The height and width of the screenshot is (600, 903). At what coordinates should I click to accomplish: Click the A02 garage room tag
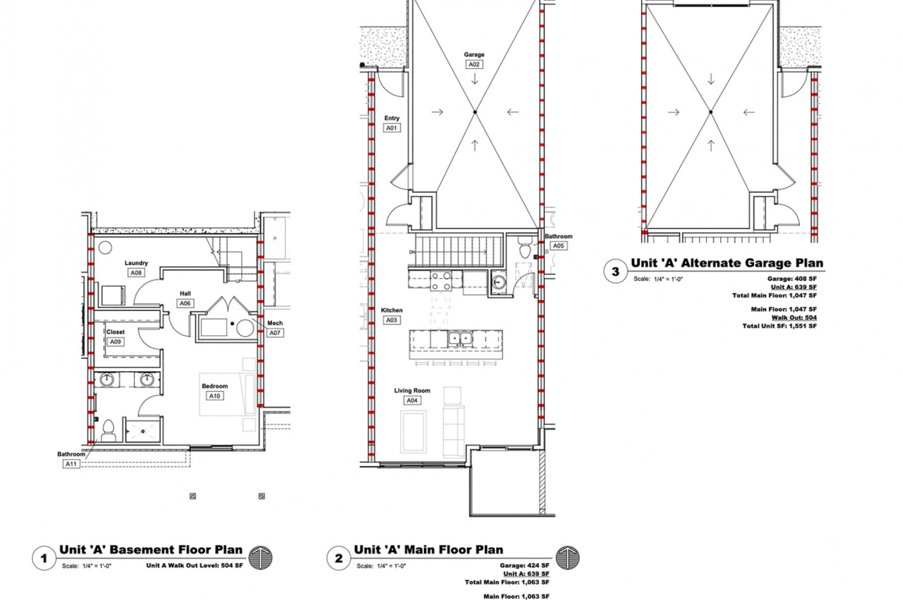474,65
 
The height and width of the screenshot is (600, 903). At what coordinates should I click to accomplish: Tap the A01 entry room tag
392,128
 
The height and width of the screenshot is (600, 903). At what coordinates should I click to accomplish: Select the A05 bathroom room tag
558,246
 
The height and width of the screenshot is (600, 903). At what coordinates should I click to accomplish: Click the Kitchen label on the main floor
392,310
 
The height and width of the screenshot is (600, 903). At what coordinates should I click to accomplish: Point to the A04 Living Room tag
412,401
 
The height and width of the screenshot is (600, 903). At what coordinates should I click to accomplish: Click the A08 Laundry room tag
136,273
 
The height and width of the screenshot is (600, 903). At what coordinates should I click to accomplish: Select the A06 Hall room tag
185,303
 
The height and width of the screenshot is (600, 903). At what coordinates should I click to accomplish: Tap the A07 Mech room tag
275,333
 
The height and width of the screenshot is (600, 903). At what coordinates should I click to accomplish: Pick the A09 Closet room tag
115,342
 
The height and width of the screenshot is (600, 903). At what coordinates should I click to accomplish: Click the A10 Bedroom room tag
215,396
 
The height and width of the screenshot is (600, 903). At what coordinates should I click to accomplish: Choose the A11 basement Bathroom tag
71,464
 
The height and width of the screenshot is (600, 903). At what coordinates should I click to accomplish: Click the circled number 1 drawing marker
44,559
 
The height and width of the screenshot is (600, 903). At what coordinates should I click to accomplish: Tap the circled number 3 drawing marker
615,272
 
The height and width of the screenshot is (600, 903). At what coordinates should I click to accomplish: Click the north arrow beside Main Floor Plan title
568,557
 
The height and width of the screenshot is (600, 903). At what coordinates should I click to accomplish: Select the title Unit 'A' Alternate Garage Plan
727,263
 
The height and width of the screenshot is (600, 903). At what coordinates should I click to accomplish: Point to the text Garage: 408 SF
792,279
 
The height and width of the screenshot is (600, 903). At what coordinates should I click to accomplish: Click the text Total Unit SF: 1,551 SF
779,326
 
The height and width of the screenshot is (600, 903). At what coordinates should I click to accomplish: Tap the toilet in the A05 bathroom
524,246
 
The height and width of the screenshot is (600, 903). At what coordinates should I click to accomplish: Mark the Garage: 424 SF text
524,565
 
